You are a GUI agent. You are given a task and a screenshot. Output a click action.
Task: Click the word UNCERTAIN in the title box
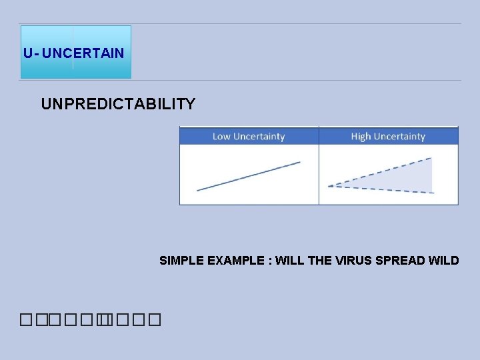coord(83,53)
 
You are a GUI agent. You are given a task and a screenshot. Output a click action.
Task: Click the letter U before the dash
coord(27,53)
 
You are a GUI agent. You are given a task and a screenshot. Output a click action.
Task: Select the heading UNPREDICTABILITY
coord(118,104)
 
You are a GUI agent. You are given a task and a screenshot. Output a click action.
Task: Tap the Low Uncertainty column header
coord(249,137)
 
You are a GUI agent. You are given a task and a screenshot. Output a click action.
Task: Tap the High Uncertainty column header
coord(388,137)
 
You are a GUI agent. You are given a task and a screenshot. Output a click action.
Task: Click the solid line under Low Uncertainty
coord(249,176)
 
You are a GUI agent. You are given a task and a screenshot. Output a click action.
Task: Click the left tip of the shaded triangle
coord(329,185)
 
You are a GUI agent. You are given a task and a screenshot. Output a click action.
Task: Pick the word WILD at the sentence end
coord(444,260)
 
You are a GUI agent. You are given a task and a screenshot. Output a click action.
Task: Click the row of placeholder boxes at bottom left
coord(91,321)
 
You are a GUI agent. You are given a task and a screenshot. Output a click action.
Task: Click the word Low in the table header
coord(221,137)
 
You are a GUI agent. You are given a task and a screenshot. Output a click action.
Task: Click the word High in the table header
coord(361,137)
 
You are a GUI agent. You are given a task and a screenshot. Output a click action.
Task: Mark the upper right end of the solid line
coord(299,162)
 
